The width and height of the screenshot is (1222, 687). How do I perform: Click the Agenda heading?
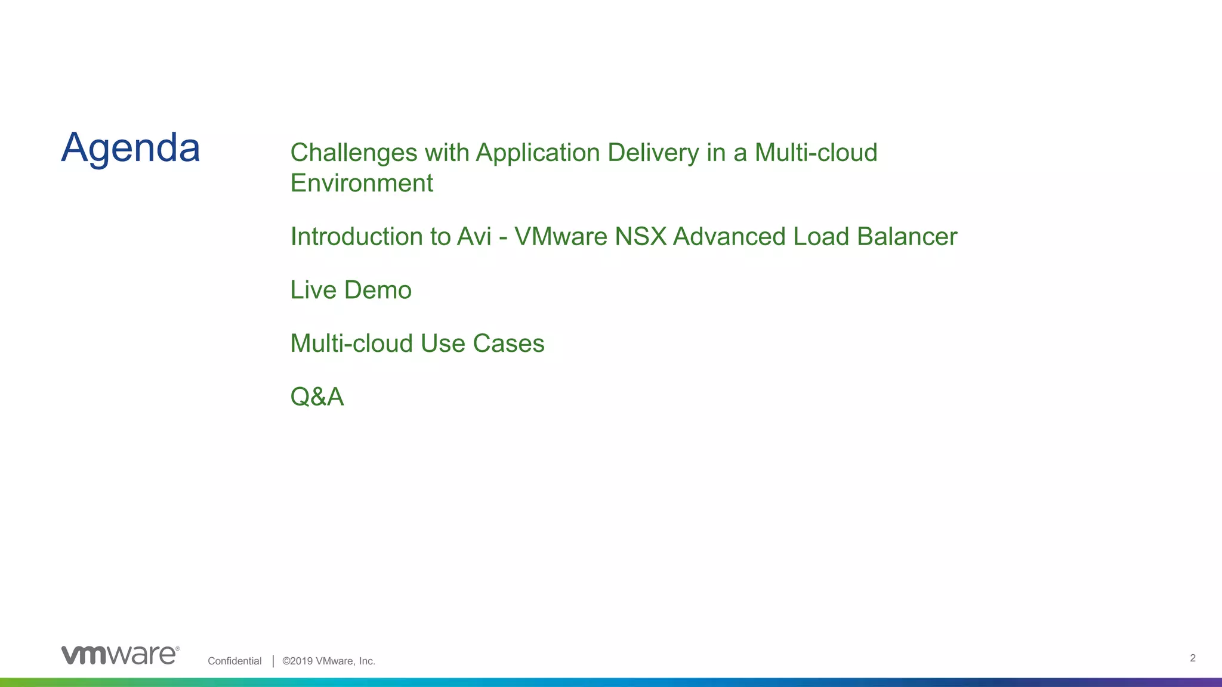pos(130,148)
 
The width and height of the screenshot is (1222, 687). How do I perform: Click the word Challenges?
pos(353,153)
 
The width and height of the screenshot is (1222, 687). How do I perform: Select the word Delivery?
pos(653,153)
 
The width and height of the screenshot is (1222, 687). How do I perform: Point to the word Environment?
pos(362,183)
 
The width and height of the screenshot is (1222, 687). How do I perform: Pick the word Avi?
pos(474,237)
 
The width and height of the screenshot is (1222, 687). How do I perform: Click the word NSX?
pos(640,237)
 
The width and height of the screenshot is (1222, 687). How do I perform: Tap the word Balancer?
pos(907,237)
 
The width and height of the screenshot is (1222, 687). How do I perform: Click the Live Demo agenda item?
pos(351,290)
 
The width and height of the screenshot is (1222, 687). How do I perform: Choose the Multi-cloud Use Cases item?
pos(417,343)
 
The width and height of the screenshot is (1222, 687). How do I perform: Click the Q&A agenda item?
pos(317,397)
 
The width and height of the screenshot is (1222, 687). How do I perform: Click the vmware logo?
pos(120,655)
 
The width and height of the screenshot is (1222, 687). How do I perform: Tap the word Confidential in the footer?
pos(234,661)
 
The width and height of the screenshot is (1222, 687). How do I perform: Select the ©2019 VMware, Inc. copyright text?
pos(329,661)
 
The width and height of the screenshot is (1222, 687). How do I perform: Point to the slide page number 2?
pos(1192,658)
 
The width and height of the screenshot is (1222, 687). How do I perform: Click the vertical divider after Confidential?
pos(273,661)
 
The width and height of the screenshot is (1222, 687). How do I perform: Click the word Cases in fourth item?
pos(508,343)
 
